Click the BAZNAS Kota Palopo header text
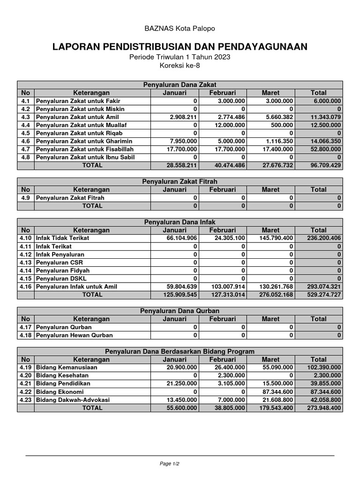[x=180, y=29]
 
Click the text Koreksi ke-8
[x=180, y=65]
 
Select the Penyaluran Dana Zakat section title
[x=180, y=85]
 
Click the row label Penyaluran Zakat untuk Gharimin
[x=84, y=141]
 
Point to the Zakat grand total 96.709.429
[x=324, y=165]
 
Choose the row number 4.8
[x=26, y=157]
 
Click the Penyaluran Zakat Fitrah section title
[x=180, y=181]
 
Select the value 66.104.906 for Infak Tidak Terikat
[x=180, y=238]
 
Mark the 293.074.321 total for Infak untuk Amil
[x=324, y=286]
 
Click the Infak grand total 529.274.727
[x=324, y=295]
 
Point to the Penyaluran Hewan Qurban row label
[x=75, y=335]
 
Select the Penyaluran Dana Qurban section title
[x=180, y=311]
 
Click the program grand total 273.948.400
[x=324, y=408]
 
